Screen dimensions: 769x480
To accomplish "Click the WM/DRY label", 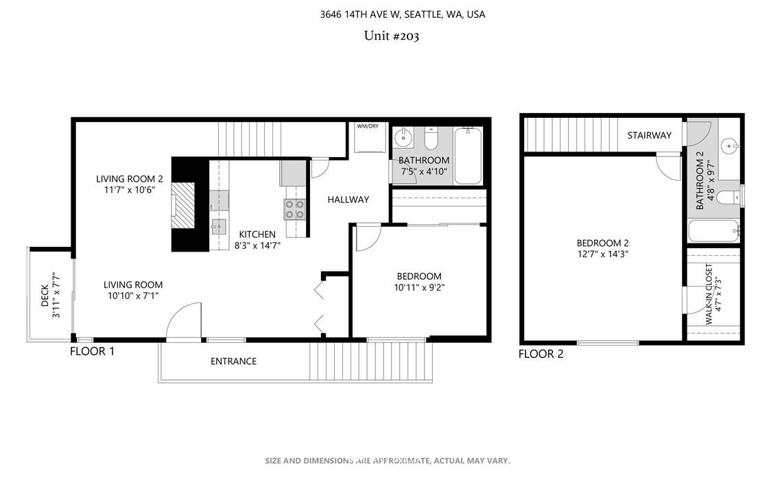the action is tap(368, 126).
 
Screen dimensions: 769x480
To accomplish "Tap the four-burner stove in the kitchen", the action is tap(294, 209).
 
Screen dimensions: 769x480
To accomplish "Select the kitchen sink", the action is tap(218, 227).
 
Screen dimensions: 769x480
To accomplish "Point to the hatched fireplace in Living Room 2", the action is tap(183, 205).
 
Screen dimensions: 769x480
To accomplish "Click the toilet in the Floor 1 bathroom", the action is tap(431, 139).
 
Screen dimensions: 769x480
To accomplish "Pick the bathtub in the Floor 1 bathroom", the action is tap(468, 156).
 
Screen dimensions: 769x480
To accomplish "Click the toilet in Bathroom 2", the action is tap(729, 197).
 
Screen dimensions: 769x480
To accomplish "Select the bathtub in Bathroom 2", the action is tap(713, 231).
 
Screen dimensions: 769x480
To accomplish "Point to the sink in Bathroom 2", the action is tap(731, 146).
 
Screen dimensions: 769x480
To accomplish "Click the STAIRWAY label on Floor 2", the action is tap(650, 135).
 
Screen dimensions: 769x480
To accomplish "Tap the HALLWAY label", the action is tap(348, 200).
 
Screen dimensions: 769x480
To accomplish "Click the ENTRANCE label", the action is tap(233, 361).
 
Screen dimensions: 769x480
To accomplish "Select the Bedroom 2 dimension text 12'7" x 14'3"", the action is tap(603, 254).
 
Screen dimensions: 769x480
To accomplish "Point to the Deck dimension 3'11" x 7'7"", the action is tap(56, 295).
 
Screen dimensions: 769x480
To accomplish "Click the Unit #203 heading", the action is tap(392, 36).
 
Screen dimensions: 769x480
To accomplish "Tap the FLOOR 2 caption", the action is tap(541, 354).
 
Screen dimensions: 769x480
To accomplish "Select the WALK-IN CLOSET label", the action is tap(709, 294).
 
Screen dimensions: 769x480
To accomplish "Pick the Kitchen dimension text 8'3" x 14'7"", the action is tap(257, 245).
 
